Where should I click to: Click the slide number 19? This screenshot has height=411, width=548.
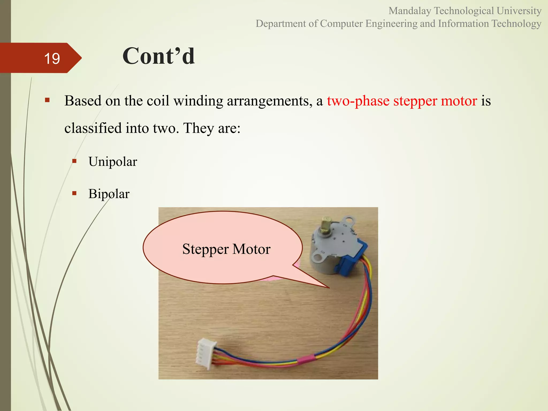52,59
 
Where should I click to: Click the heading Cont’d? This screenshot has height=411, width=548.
158,56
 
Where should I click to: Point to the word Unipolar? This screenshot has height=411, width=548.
113,162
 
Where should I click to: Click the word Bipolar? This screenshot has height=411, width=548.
109,194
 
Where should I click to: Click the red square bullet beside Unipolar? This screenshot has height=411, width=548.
74,161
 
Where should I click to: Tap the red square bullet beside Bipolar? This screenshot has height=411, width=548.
74,193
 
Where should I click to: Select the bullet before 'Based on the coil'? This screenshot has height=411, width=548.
47,100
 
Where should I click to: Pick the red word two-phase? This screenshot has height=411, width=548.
358,101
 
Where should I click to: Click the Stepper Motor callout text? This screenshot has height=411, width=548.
226,249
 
